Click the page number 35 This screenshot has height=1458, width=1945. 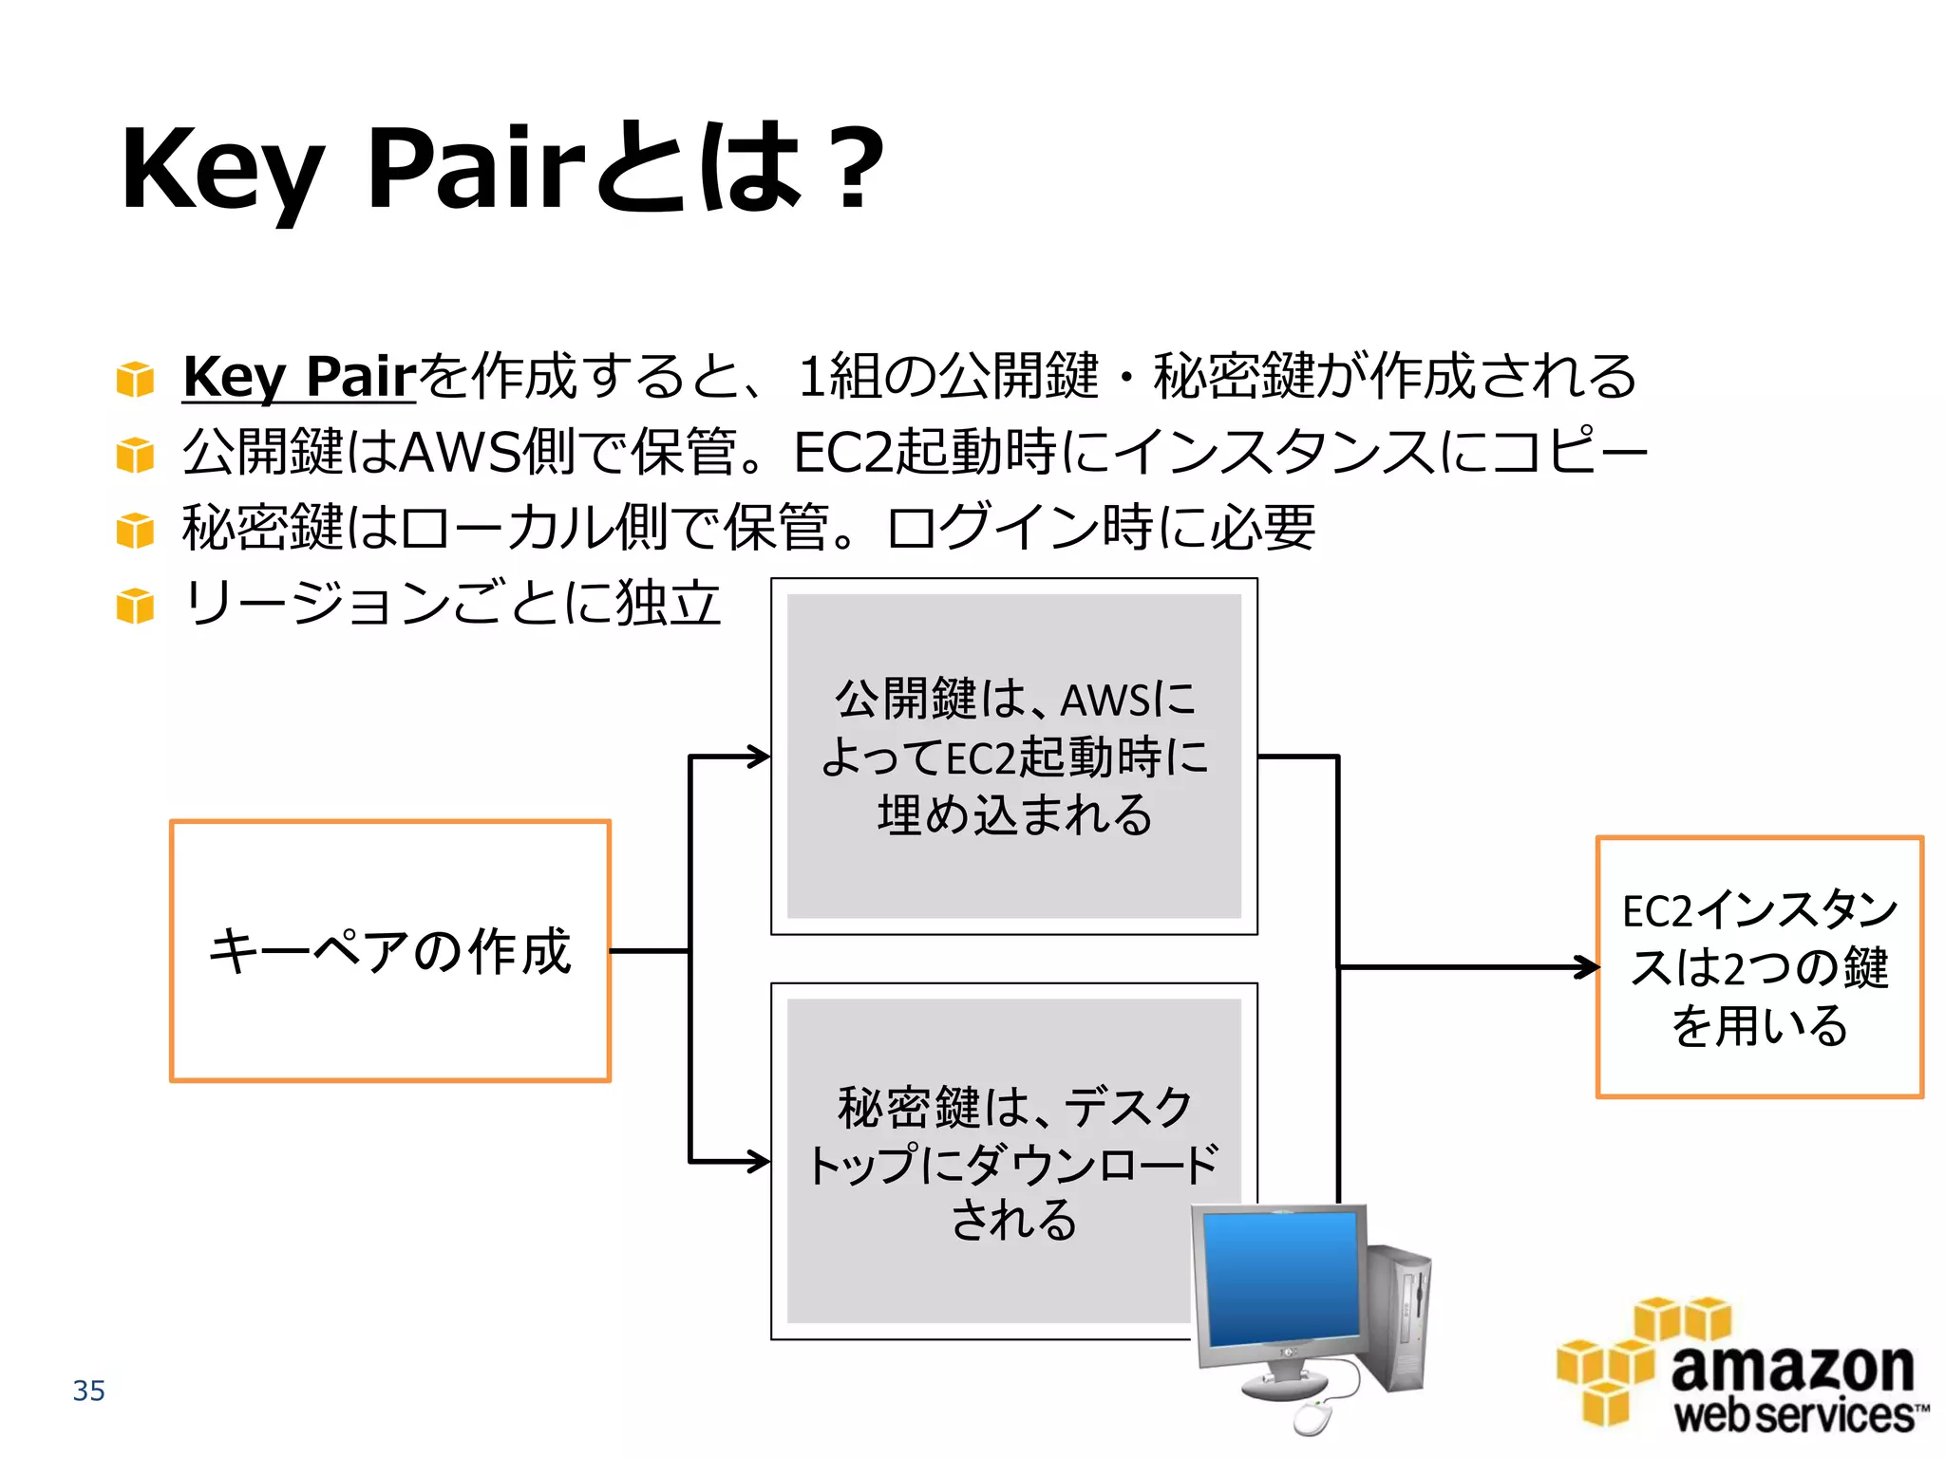click(88, 1391)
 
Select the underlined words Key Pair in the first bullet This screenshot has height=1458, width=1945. click(299, 376)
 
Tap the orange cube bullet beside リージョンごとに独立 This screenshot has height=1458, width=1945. click(135, 606)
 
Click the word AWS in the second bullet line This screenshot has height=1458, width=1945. click(460, 452)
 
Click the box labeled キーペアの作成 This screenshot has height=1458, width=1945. click(389, 950)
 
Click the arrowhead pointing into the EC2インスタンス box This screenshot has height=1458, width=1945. click(1588, 967)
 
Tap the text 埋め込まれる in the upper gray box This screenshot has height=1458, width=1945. click(1014, 815)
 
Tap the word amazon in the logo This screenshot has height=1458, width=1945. click(1791, 1368)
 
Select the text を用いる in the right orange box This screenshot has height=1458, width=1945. click(1759, 1026)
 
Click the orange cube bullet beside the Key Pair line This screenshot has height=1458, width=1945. click(135, 379)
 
